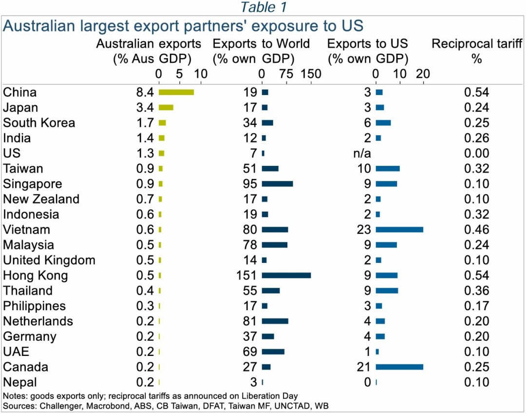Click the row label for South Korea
39,123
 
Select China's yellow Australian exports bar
176,92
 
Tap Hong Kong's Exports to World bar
286,276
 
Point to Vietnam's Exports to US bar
399,230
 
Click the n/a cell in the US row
361,154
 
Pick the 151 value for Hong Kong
245,276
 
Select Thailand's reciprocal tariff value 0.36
476,291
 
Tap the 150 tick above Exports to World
311,74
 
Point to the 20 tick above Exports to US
423,74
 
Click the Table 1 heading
264,7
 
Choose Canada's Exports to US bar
399,367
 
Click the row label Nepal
20,382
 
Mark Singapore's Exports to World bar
277,184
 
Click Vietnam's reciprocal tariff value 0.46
476,230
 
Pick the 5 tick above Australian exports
179,74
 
